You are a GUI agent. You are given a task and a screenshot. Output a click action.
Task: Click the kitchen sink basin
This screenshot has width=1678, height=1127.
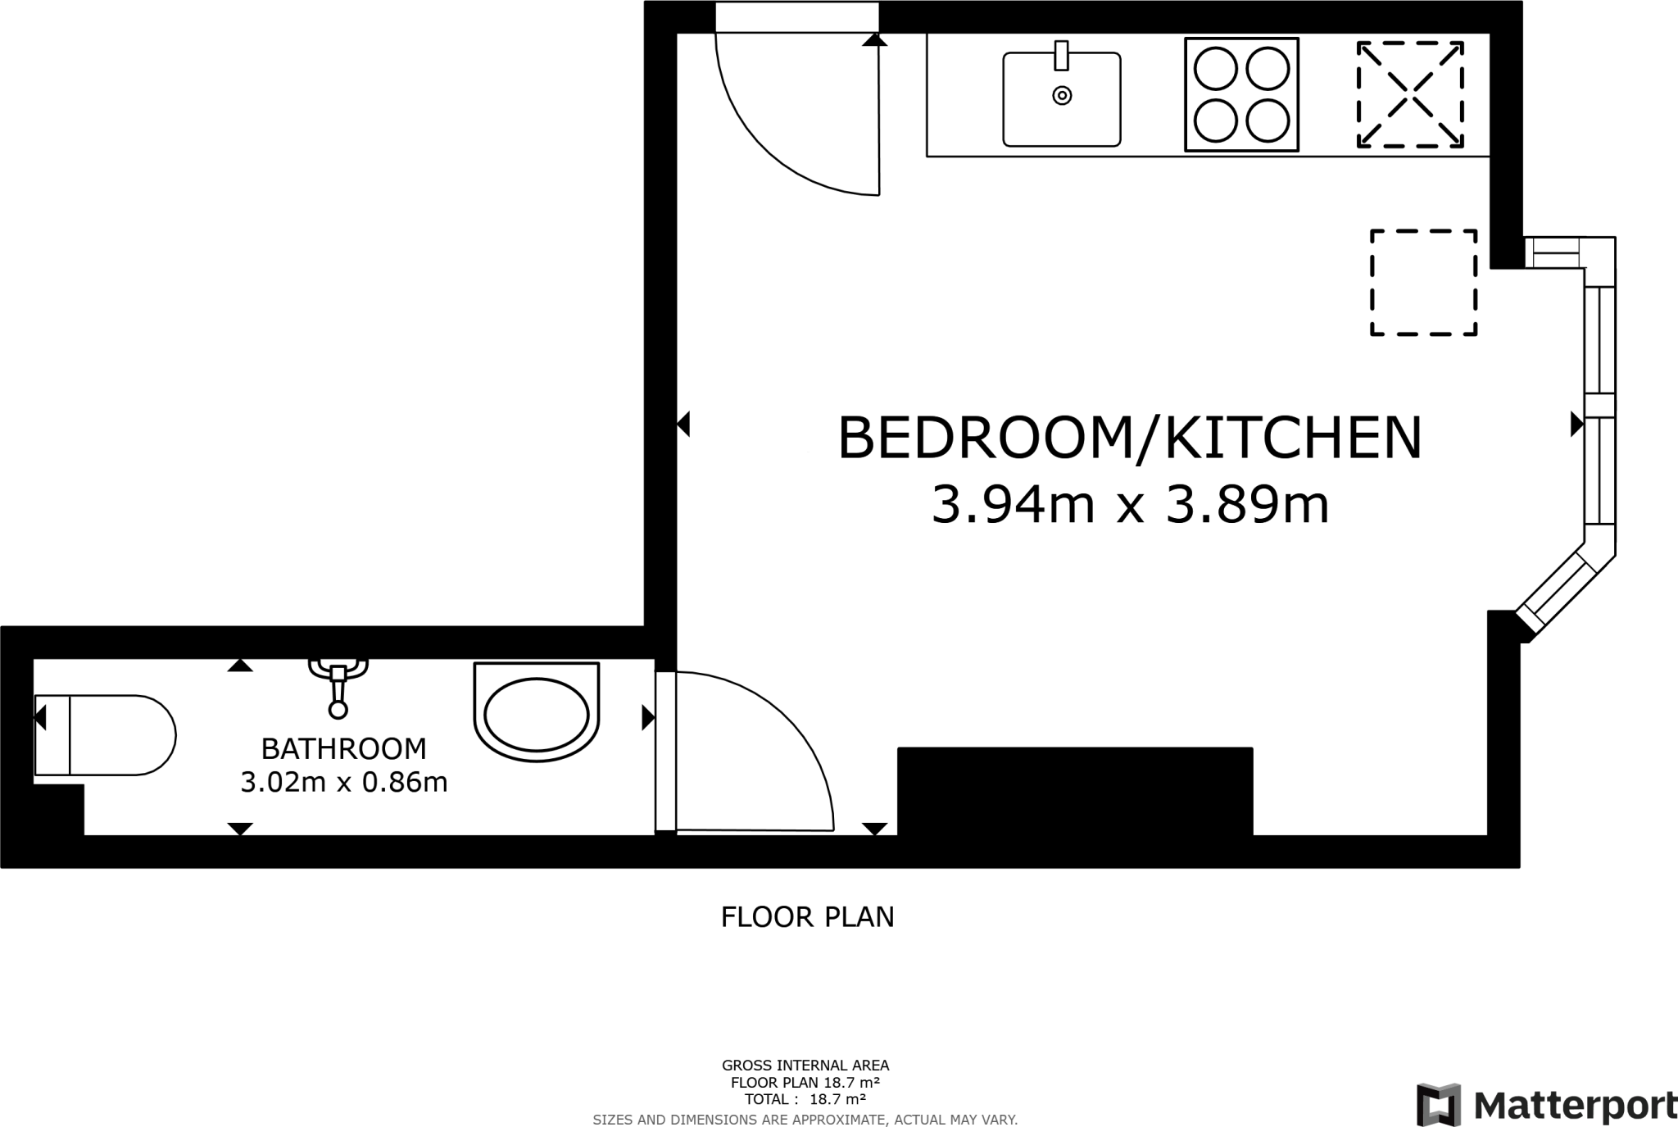[x=1061, y=99]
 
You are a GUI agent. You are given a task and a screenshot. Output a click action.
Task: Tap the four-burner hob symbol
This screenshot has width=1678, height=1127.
[x=1241, y=95]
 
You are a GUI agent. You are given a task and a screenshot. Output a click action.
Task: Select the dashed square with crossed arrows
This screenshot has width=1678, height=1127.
[x=1410, y=95]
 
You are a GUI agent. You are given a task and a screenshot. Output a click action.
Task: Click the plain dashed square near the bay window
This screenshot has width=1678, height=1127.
[x=1423, y=283]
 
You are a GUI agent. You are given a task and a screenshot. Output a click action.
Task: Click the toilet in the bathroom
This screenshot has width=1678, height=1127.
[x=105, y=735]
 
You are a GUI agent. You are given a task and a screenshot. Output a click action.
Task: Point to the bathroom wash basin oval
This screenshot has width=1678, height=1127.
[x=537, y=713]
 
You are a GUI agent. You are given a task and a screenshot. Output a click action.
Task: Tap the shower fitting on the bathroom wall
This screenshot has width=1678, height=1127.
[x=338, y=684]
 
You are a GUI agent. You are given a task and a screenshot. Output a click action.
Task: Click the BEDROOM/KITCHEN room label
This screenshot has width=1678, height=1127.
[x=1129, y=439]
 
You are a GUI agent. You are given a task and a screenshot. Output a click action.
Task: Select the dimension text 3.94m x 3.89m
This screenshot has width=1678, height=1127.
[x=1130, y=505]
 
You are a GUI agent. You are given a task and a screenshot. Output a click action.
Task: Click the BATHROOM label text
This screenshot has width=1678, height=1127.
[x=343, y=748]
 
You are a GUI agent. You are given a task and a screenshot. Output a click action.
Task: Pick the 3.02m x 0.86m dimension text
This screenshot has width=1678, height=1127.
[x=343, y=783]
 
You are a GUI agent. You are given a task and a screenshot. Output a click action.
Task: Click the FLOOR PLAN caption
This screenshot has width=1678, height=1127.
[x=807, y=917]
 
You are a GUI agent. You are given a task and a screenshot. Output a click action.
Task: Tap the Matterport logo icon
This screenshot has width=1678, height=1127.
[x=1439, y=1104]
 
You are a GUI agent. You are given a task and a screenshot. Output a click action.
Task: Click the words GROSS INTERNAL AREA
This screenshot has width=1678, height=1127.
[x=805, y=1066]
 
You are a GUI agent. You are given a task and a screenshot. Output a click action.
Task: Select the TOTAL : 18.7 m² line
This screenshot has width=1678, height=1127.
[x=805, y=1099]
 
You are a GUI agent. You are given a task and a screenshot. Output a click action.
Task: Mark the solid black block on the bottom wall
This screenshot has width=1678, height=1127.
[x=1075, y=792]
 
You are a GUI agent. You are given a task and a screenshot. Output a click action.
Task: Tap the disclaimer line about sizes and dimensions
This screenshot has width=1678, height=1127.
[x=805, y=1120]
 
